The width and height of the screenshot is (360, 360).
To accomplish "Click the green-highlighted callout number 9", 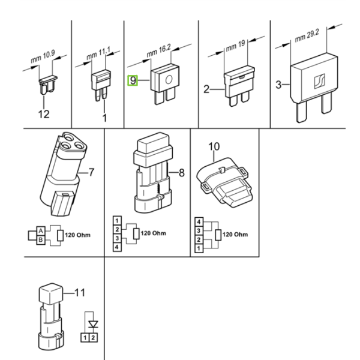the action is click(133, 80).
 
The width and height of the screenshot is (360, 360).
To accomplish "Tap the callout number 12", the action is click(44, 114).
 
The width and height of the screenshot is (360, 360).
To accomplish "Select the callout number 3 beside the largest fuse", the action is click(278, 85).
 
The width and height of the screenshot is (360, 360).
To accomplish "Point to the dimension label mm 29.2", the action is click(307, 36).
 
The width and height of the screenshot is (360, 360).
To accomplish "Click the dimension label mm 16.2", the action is click(158, 51).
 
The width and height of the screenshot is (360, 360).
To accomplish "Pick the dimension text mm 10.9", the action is click(43, 56).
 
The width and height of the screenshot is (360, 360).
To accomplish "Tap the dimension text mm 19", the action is click(236, 46).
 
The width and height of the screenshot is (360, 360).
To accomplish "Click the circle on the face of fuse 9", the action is click(169, 80).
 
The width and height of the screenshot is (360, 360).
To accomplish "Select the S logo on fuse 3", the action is click(320, 81).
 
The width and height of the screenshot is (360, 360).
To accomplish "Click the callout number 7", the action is click(91, 172).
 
